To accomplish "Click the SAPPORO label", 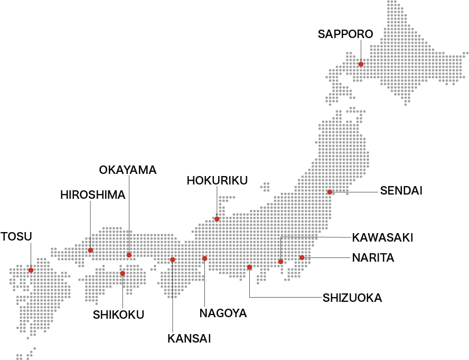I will [345, 34].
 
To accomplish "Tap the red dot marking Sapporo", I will [361, 64].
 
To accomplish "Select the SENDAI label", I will [401, 191].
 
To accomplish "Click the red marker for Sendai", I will [330, 192].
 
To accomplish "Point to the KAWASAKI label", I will [382, 238].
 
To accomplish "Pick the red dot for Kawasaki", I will [281, 262].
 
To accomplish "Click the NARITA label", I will [373, 258].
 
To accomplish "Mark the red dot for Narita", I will [302, 258].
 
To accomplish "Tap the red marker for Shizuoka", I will [249, 267].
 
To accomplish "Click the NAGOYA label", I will [223, 313].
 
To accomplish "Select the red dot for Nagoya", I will [204, 259].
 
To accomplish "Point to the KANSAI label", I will [189, 339].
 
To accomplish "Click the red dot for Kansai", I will [172, 260].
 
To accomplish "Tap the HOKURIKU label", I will [217, 181].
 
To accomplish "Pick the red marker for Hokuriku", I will [217, 219].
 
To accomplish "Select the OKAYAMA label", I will [128, 170].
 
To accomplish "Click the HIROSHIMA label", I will [92, 195].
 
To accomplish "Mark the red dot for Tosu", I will [31, 270].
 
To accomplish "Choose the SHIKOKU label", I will [118, 315].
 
